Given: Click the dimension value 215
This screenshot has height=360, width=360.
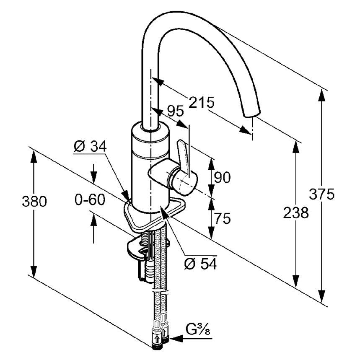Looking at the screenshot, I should tap(201, 102).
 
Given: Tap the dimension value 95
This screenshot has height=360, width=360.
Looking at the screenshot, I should tap(176, 111).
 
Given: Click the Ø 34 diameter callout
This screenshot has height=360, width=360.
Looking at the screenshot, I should tap(90, 147).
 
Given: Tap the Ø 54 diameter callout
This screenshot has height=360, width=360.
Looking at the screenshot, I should tap(200, 264).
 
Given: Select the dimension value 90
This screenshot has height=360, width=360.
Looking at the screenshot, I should tap(222, 178).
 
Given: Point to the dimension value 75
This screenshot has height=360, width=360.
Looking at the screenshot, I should tap(222, 218).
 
